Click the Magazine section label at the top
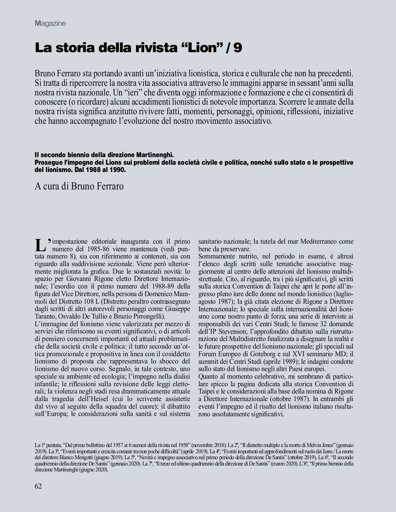[50, 23]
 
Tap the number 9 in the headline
[238, 48]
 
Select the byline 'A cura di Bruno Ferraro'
[79, 186]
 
